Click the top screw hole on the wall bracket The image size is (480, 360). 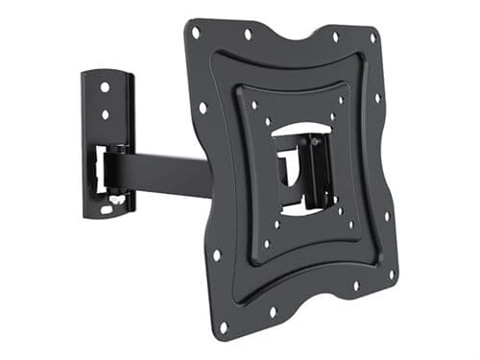[x=105, y=87]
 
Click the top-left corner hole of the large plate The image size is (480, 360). [x=196, y=32]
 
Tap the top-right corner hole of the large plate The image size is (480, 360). [x=372, y=39]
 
